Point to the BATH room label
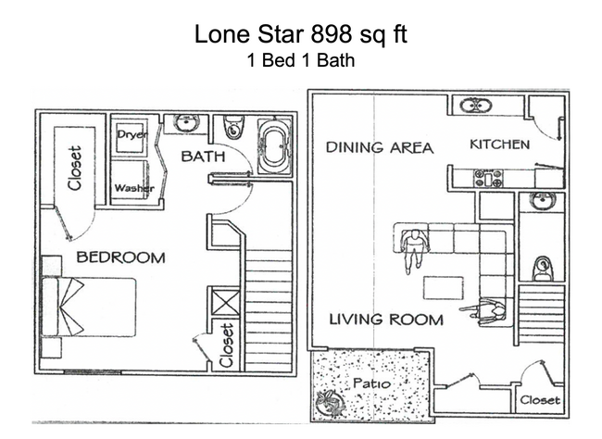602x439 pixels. click(x=203, y=157)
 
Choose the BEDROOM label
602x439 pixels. click(x=120, y=257)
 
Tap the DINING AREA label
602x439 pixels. click(x=379, y=147)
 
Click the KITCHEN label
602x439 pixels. click(x=499, y=144)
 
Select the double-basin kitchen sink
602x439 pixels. click(x=475, y=106)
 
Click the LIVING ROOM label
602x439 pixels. click(x=387, y=320)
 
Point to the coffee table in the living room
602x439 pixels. click(x=441, y=287)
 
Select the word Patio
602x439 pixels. click(x=369, y=383)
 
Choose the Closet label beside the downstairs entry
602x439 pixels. click(x=539, y=400)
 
